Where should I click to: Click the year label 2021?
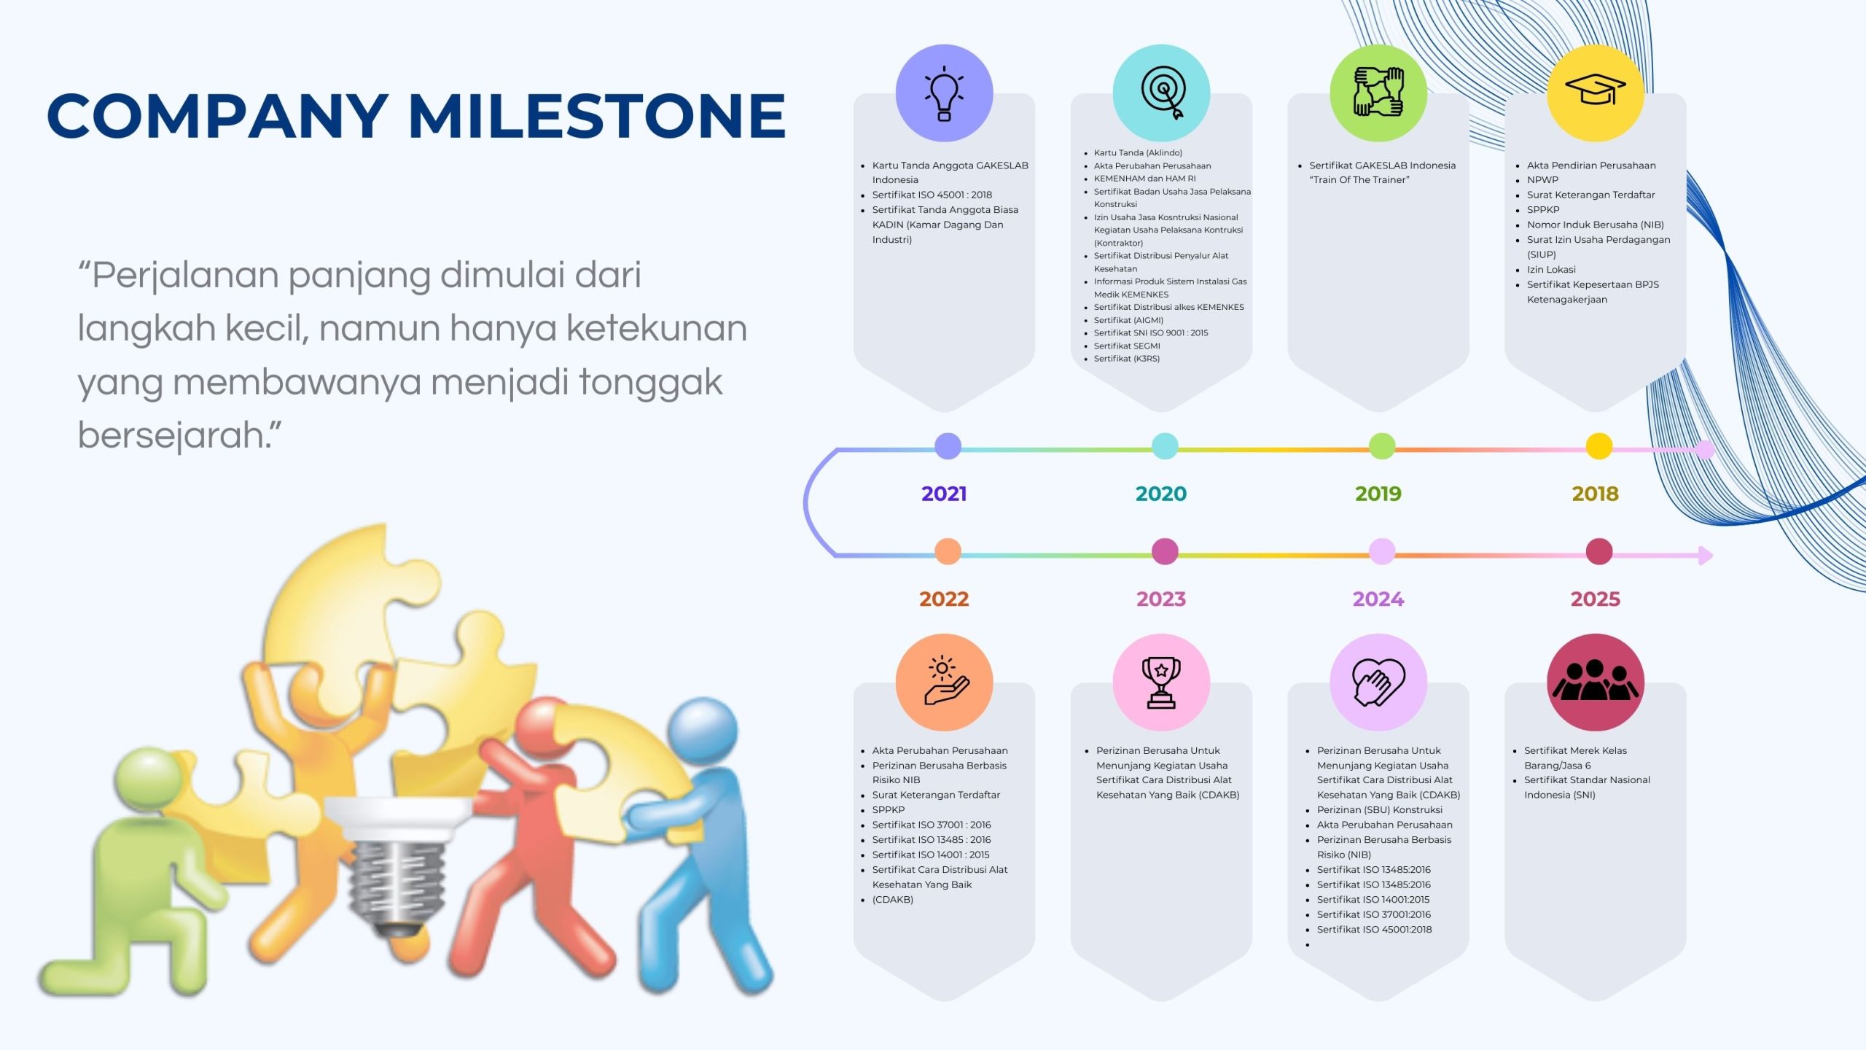tap(944, 494)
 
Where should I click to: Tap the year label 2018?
tap(1595, 494)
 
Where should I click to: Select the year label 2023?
tap(1161, 599)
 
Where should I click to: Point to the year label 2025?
tap(1595, 599)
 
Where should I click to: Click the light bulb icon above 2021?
tap(944, 93)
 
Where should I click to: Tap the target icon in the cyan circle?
tap(1163, 93)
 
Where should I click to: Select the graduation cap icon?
tap(1596, 90)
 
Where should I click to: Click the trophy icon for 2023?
tap(1161, 682)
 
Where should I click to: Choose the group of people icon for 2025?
tap(1596, 680)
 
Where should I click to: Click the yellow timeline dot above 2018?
tap(1599, 446)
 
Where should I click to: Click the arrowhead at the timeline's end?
tap(1706, 556)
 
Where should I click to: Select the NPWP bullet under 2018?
tap(1542, 180)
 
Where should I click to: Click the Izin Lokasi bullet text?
tap(1551, 270)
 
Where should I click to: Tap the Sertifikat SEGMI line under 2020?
tap(1127, 346)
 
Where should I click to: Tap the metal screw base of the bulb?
tap(397, 882)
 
